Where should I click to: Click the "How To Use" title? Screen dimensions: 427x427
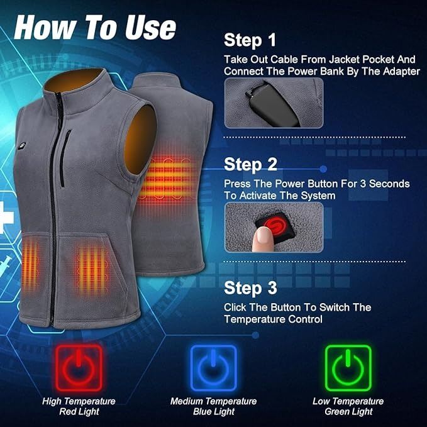95,27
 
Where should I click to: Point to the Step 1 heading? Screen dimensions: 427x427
250,40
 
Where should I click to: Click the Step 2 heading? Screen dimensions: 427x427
250,165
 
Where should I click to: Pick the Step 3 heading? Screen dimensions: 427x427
250,288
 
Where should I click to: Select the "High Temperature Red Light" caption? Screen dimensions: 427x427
79,406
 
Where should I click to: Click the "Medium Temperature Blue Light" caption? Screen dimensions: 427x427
214,406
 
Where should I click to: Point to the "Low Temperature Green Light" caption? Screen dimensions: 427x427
348,406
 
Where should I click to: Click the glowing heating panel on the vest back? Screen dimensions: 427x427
167,179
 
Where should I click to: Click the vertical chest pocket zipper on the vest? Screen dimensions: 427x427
65,158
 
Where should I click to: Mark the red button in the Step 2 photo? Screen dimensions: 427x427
275,226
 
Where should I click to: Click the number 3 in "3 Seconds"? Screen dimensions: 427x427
363,184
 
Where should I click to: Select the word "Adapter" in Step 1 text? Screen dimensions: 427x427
401,71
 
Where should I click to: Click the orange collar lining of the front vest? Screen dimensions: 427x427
73,79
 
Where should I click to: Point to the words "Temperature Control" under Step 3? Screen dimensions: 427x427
273,319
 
